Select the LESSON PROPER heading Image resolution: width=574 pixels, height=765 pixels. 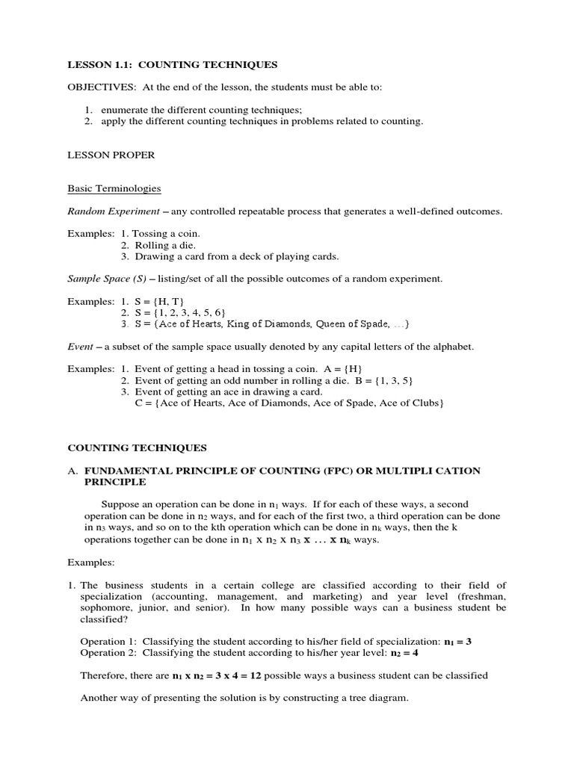click(x=111, y=155)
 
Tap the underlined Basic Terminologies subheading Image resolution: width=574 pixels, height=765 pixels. click(x=114, y=188)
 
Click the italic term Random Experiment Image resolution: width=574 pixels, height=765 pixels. click(x=113, y=211)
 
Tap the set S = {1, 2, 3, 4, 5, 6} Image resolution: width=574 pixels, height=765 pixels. click(x=180, y=312)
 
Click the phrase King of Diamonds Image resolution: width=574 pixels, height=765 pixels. click(x=271, y=323)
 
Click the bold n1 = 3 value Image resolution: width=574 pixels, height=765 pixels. click(x=457, y=642)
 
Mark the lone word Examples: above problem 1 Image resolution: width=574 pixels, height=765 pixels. click(x=91, y=562)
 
